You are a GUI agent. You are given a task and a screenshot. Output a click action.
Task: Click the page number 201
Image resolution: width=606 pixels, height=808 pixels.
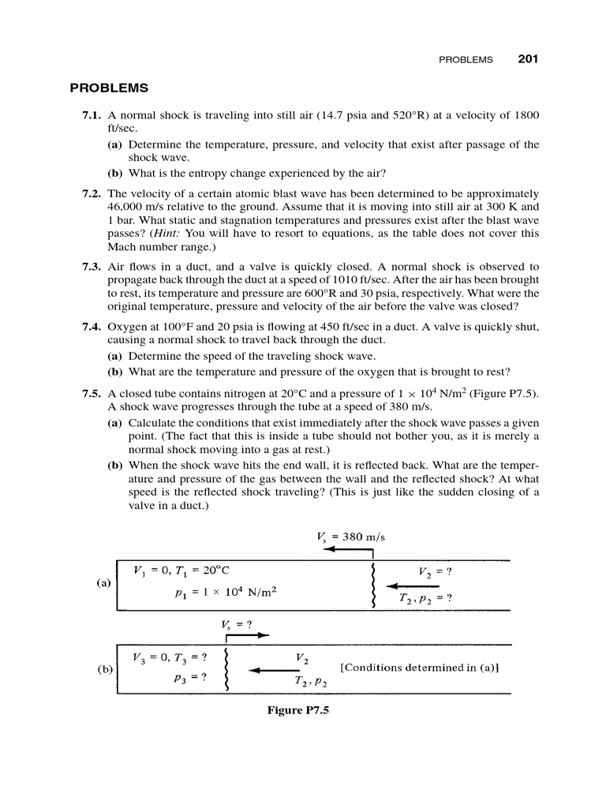[x=528, y=58]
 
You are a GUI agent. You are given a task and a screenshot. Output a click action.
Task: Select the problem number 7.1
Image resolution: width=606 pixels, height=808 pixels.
[x=93, y=115]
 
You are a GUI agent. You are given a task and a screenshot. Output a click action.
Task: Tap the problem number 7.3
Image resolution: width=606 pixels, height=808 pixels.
[x=93, y=267]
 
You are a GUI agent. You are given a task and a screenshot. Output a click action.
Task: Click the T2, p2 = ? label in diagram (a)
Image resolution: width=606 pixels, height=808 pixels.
[x=425, y=597]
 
